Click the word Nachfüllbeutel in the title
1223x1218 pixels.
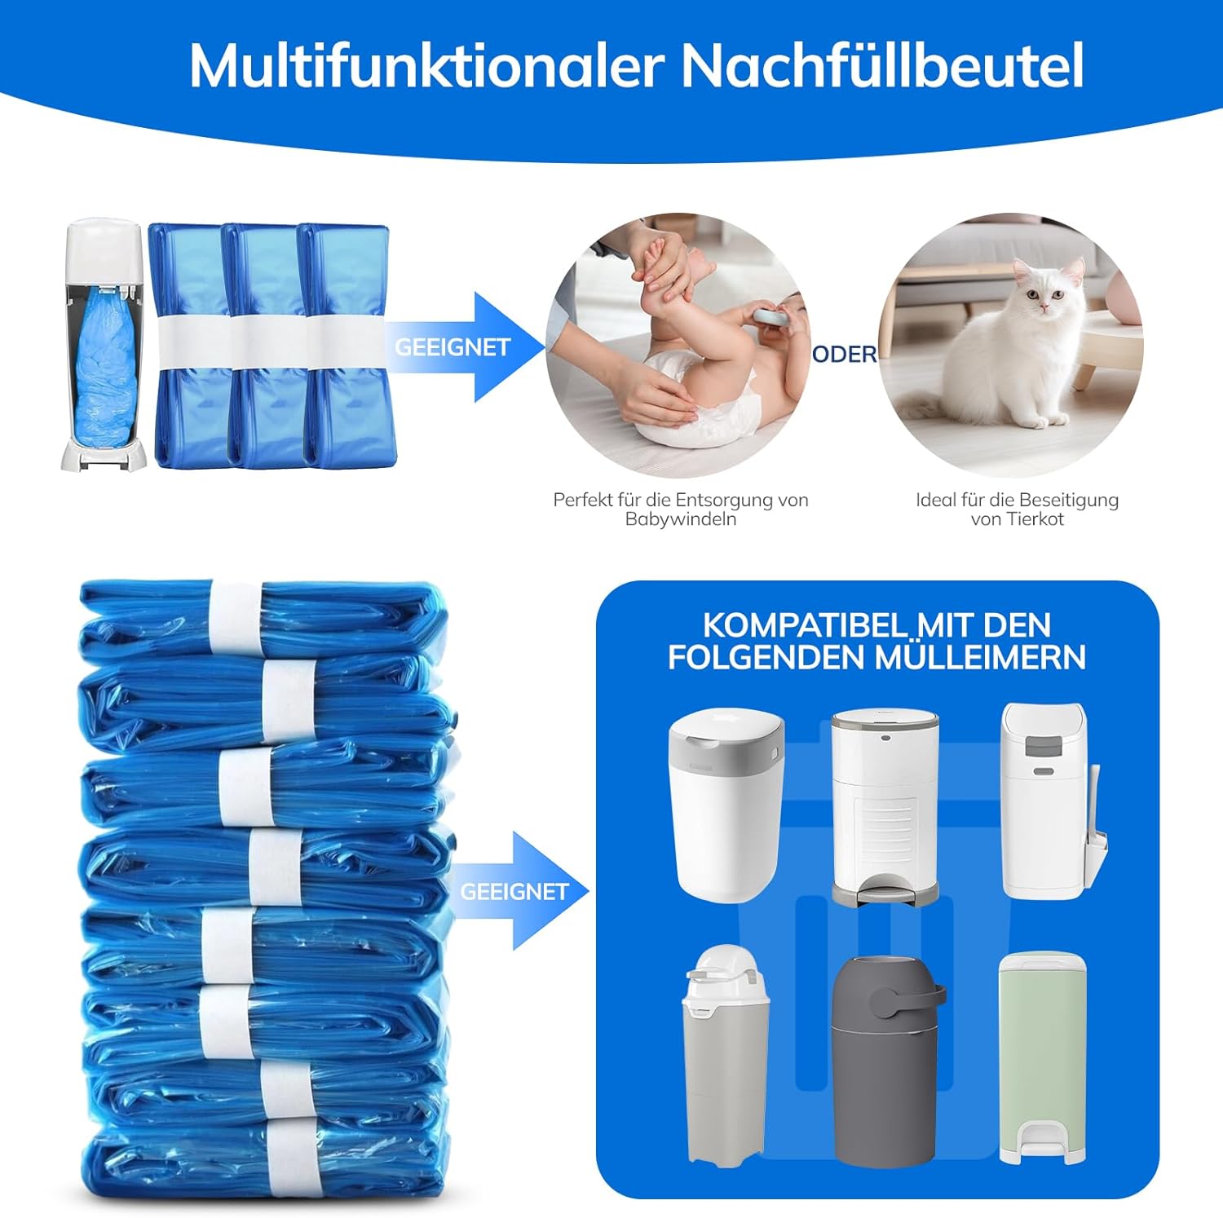pyautogui.click(x=882, y=64)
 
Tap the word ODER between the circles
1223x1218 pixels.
pyautogui.click(x=845, y=354)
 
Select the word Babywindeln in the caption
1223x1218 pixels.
pyautogui.click(x=681, y=519)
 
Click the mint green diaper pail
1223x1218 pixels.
pyautogui.click(x=1042, y=1057)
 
